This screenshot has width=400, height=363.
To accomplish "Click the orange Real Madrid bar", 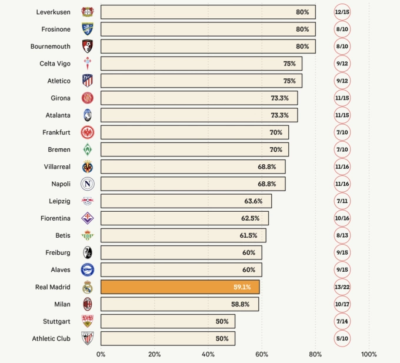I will [x=180, y=287].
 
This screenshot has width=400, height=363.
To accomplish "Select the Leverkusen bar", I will [x=208, y=12].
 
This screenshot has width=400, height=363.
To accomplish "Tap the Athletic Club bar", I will [x=168, y=338].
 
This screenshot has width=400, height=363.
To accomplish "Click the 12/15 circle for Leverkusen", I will [x=342, y=12].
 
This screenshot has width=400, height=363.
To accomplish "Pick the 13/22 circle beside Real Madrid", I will [x=342, y=287].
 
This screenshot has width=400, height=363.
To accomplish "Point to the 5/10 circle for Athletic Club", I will [x=342, y=338].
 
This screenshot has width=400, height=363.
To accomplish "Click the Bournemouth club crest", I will [x=88, y=46].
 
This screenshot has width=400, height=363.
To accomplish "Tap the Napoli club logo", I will [x=88, y=184].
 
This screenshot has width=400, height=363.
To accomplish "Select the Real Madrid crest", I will [x=88, y=287].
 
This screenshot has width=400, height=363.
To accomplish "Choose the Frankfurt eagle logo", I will [x=88, y=132].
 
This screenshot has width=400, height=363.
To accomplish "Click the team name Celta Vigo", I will [x=55, y=64].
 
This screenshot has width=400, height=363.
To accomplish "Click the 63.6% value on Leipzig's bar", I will [x=253, y=201].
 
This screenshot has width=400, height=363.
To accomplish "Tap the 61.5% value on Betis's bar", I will [x=248, y=235].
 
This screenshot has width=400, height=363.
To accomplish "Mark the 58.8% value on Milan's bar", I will [x=241, y=304].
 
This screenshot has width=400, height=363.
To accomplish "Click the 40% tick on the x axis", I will [x=208, y=354].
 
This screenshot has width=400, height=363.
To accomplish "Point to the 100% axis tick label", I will [x=369, y=354].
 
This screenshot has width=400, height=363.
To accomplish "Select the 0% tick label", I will [x=101, y=354].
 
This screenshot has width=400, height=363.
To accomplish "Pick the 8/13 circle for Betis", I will [x=342, y=235].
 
